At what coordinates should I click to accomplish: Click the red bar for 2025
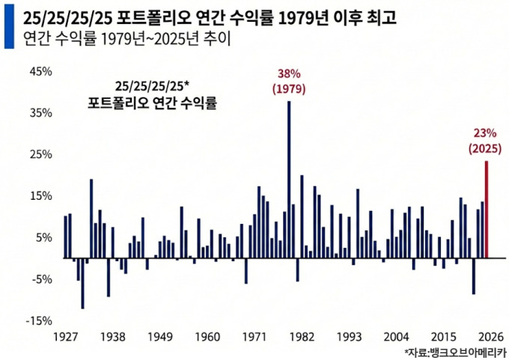(487, 209)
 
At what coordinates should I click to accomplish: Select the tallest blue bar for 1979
(289, 179)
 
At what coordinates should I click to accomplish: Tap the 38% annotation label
(288, 75)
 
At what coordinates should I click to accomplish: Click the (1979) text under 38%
(288, 90)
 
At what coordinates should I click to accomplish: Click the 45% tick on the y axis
(40, 72)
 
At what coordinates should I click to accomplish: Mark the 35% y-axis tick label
(40, 113)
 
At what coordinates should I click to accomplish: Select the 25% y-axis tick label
(40, 155)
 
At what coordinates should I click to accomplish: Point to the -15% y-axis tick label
(38, 320)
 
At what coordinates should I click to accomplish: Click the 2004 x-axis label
(395, 337)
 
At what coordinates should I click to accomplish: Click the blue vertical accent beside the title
(7, 26)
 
